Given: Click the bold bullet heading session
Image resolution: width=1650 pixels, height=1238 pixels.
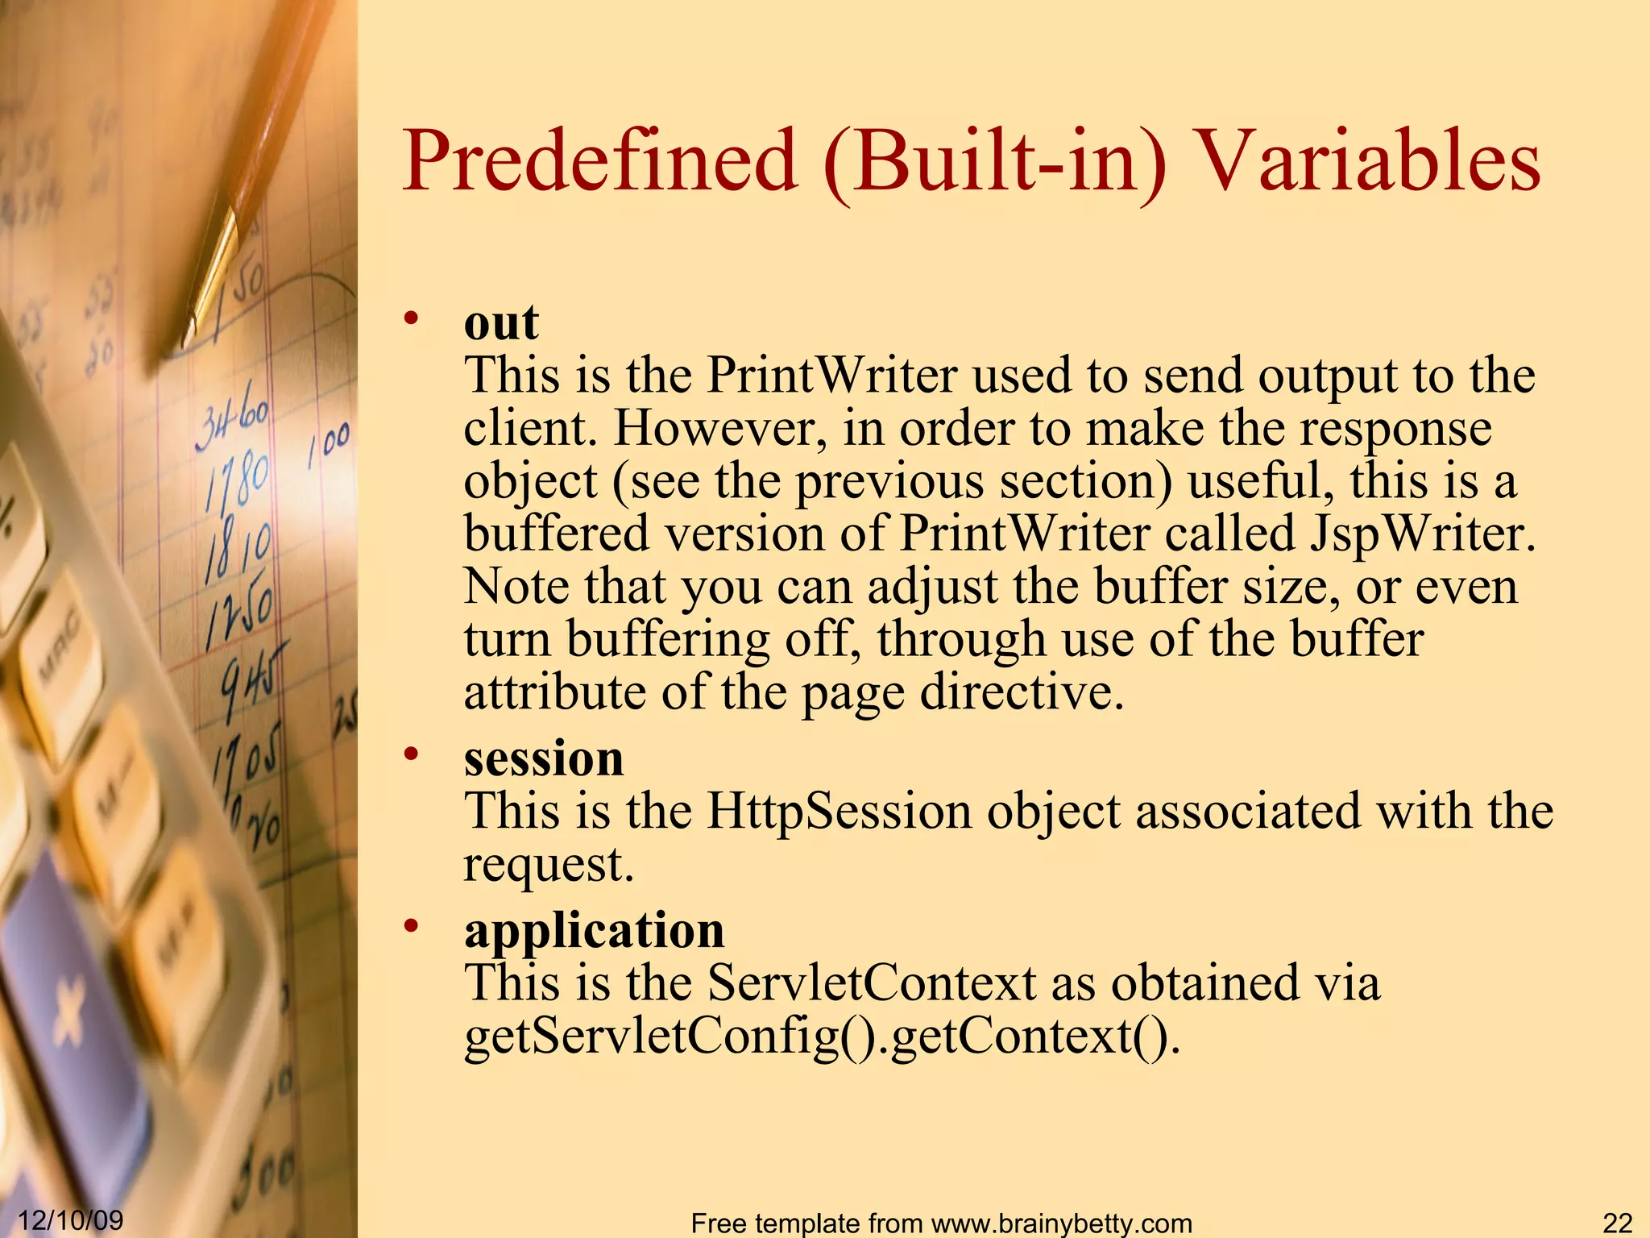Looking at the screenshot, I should (544, 758).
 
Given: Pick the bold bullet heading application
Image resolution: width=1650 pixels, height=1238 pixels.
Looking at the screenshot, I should (594, 930).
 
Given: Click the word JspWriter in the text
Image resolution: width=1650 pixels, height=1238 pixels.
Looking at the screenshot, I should (1423, 534).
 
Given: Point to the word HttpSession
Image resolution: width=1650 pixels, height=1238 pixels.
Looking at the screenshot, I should (839, 811).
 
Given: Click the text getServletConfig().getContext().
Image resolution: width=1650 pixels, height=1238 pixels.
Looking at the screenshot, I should (822, 1037).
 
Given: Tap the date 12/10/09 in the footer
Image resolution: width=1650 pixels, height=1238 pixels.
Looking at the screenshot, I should (70, 1219).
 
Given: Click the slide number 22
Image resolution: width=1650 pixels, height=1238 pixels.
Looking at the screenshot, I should (1617, 1223).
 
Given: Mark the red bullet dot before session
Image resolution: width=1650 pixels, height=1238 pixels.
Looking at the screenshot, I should (412, 754).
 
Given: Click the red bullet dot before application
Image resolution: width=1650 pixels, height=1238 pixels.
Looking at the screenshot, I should (412, 926).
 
